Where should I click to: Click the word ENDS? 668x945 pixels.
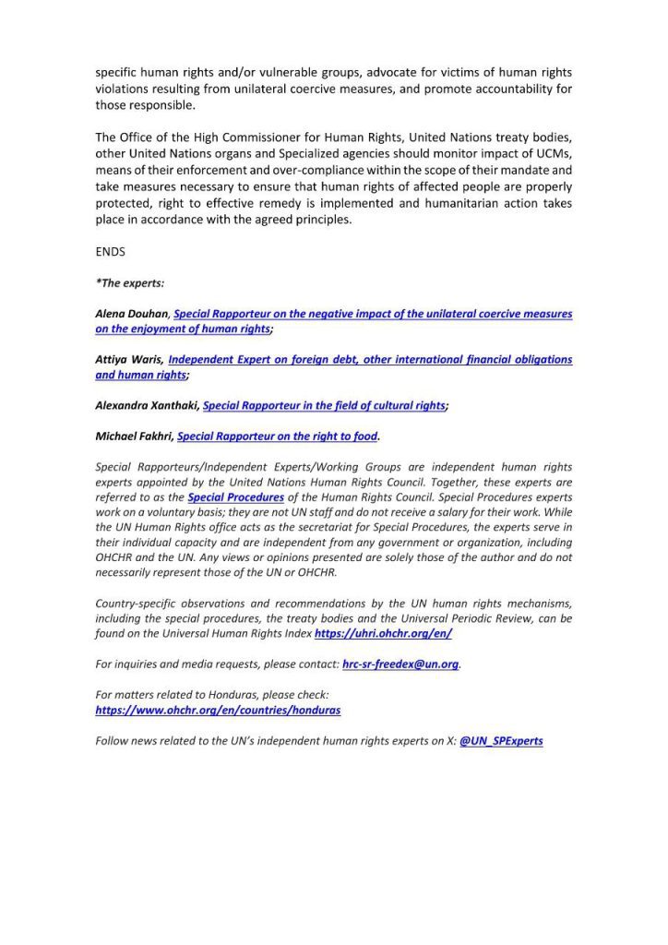tap(110, 251)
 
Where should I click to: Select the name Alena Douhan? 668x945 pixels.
tap(132, 314)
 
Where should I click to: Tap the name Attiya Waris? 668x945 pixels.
tap(129, 359)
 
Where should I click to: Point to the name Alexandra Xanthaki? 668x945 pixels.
tap(147, 405)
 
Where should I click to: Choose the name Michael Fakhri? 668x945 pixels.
tap(134, 436)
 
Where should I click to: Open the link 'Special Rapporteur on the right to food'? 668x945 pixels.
tap(277, 436)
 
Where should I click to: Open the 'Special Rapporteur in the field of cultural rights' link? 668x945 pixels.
tap(323, 405)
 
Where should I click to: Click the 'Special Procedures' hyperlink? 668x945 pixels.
tap(235, 497)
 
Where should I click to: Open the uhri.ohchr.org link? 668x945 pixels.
tap(383, 634)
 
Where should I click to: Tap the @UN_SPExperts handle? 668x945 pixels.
tap(501, 740)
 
